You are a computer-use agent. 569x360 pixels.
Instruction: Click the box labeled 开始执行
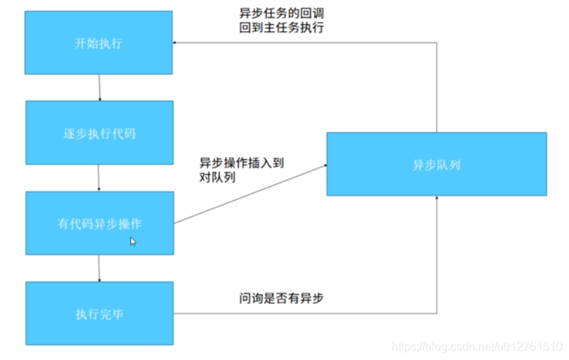(x=99, y=43)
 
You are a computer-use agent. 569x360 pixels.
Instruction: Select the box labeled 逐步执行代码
(x=99, y=133)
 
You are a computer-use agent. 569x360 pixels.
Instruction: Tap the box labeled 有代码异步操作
(x=99, y=223)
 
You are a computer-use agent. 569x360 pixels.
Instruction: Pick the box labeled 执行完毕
(x=99, y=313)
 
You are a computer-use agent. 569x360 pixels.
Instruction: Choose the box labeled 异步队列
(x=436, y=164)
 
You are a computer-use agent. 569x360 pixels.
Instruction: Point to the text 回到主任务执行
(x=281, y=28)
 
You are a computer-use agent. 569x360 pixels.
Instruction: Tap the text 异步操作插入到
(x=241, y=163)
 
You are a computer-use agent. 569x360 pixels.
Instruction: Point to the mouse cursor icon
(x=133, y=241)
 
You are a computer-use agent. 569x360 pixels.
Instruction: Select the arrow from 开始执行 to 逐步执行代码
(x=99, y=87)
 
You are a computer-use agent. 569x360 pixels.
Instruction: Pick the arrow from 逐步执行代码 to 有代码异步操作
(x=99, y=177)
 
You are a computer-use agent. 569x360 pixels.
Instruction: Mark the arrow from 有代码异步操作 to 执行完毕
(x=99, y=268)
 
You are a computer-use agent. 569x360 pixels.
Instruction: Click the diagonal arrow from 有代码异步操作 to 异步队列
(x=251, y=193)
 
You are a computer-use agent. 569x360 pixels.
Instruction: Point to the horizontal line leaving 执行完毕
(x=305, y=313)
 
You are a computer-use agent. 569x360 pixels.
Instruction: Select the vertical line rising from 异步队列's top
(x=437, y=87)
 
